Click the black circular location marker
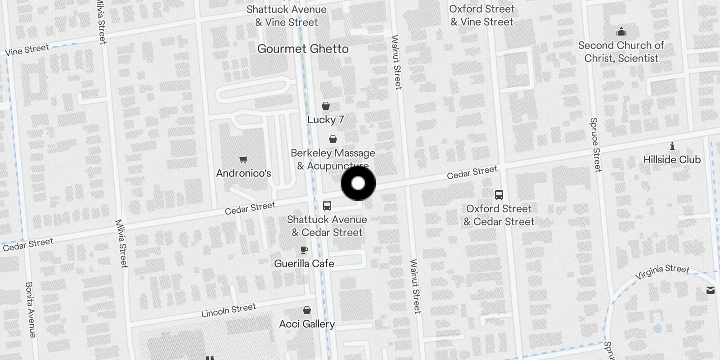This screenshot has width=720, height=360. point(358,183)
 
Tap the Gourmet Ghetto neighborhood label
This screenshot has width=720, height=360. point(303,49)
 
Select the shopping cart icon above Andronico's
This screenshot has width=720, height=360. point(243,159)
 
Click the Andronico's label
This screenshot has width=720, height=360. point(243,173)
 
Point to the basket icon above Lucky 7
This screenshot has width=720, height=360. point(326,106)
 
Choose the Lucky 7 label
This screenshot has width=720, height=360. point(326,120)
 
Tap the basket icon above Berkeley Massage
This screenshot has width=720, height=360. point(333,139)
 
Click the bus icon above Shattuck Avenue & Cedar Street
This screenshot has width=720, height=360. point(327,206)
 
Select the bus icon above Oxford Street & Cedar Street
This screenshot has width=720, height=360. point(499,195)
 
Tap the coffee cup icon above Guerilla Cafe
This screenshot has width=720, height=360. point(304,250)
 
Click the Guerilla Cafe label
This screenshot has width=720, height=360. point(304,264)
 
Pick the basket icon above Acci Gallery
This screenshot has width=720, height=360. point(307,310)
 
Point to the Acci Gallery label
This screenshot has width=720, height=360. point(307,324)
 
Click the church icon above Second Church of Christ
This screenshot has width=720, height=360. point(621,31)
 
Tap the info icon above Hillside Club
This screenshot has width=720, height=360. point(672,146)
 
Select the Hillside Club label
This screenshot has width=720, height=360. point(672,160)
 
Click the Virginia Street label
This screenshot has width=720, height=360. point(662,271)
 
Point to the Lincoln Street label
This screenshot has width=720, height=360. point(229,310)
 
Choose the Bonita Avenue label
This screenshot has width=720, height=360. point(30,310)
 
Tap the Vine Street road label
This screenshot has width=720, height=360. point(27,49)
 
